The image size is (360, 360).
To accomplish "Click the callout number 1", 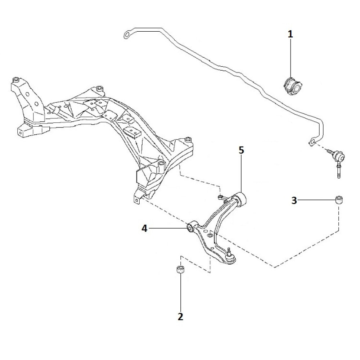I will coord(290,34).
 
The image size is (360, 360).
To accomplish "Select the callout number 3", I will coord(294,201).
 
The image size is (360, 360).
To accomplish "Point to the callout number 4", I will coord(144,228).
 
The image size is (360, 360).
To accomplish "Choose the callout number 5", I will coord(241,150).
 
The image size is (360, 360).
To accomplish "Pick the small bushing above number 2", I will coord(180,270).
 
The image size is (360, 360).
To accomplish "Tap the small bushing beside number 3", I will coord(339,199).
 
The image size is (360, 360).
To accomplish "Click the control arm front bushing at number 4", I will coord(190,228).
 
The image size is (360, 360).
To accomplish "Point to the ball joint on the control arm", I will coord(230,256).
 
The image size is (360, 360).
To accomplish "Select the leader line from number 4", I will coord(167,228).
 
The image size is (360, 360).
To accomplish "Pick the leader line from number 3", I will coord(317,200).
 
